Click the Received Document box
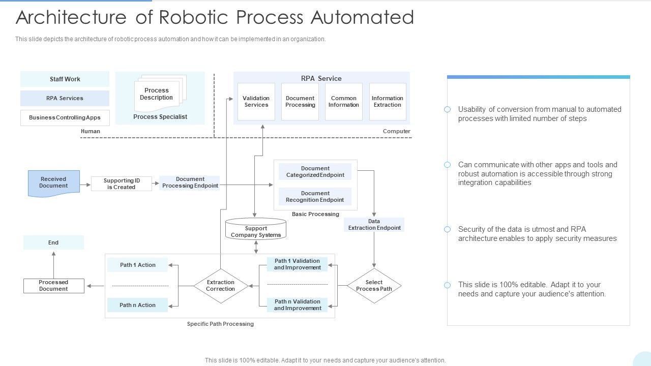pos(53,183)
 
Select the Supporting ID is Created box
pos(122,184)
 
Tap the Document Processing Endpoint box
pos(190,183)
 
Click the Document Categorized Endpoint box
pos(315,172)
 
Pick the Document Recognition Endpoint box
pos(315,197)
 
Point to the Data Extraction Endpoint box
pos(374,225)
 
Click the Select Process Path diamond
pos(374,286)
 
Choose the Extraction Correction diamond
pos(221,286)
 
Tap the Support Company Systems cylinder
pos(256,230)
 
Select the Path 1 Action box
pos(137,265)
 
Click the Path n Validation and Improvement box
pos(298,305)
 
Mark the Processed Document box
pos(53,286)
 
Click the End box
pos(53,242)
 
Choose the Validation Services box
pos(256,102)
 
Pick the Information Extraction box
pos(388,102)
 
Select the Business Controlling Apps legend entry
pos(65,117)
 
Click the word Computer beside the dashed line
pos(396,131)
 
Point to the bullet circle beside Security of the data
pos(447,229)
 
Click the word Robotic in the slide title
pos(196,17)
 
